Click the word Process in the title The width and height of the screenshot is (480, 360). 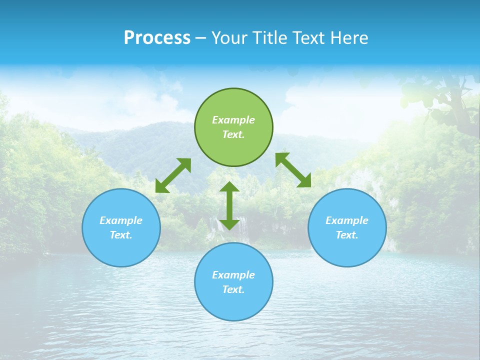[x=157, y=38]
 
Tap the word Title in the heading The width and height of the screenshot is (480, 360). [x=270, y=38]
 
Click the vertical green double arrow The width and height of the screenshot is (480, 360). [x=229, y=205]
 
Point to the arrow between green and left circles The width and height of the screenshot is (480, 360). [x=173, y=175]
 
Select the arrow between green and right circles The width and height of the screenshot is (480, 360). [x=293, y=170]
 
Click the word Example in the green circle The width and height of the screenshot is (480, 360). [x=233, y=120]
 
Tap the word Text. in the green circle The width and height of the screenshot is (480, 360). [x=233, y=134]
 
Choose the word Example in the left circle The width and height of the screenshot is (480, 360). [x=121, y=220]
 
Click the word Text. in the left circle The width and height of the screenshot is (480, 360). [x=121, y=235]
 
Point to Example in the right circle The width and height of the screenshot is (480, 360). [x=347, y=220]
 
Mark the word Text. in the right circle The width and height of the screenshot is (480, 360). [x=347, y=235]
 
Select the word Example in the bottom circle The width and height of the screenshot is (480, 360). [x=233, y=275]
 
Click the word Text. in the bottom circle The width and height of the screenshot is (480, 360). [x=233, y=289]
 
